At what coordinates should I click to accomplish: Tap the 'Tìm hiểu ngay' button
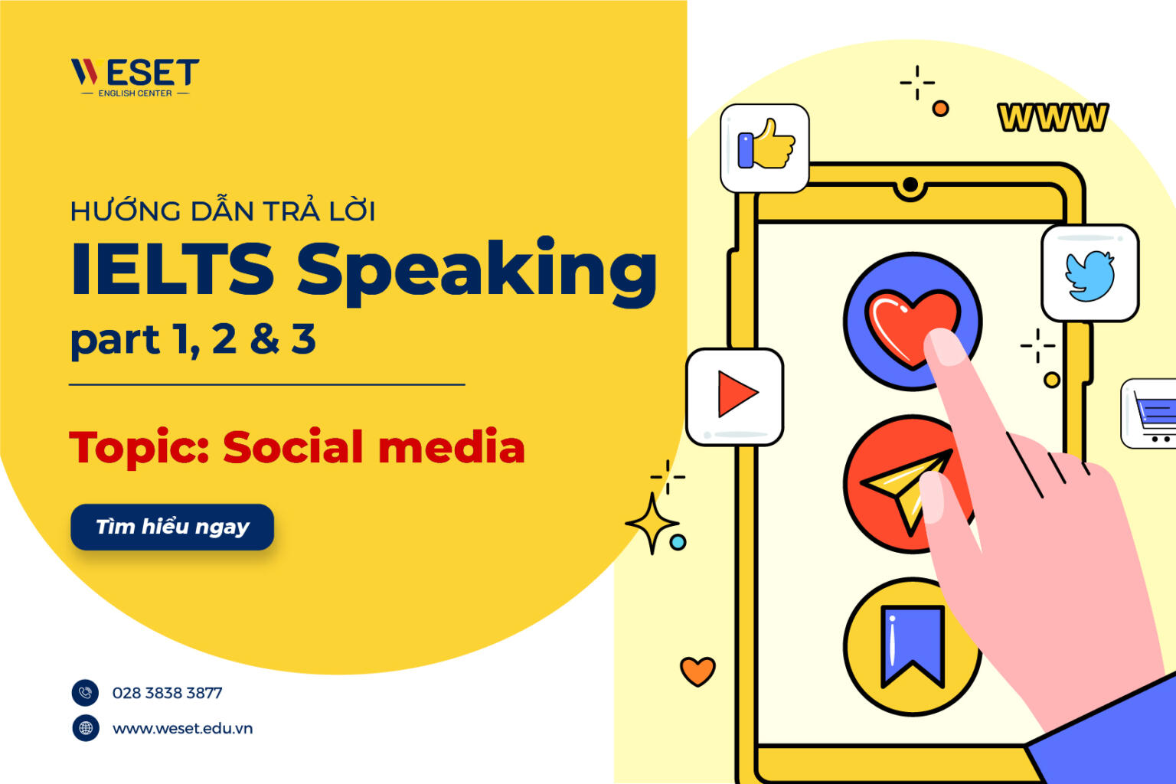(x=172, y=527)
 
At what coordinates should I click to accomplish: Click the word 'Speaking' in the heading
(x=476, y=269)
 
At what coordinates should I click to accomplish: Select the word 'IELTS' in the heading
(x=172, y=269)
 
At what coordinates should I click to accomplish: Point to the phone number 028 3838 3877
(x=167, y=693)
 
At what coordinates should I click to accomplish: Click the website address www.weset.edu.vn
(x=182, y=728)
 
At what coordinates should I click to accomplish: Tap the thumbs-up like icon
(x=765, y=145)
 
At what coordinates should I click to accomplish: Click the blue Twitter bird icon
(x=1090, y=275)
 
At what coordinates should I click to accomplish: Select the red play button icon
(x=736, y=395)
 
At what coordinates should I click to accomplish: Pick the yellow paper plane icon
(x=903, y=486)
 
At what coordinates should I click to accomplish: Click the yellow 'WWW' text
(x=1053, y=117)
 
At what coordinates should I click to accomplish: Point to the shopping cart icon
(x=1151, y=414)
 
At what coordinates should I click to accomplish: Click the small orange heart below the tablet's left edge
(x=697, y=671)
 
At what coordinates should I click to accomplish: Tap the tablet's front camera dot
(x=910, y=185)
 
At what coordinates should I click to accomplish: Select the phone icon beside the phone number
(x=86, y=693)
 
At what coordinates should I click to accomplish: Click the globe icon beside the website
(x=86, y=728)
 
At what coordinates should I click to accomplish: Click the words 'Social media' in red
(x=374, y=448)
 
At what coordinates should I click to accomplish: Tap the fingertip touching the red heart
(x=946, y=346)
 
